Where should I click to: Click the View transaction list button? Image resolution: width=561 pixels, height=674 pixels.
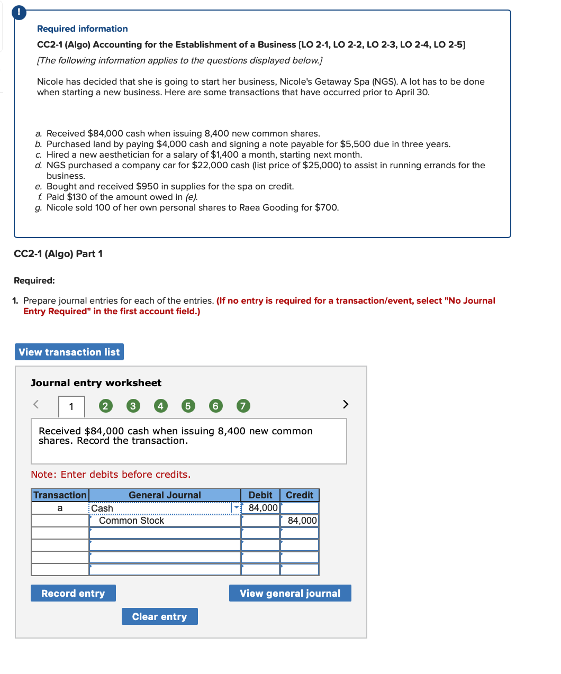[69, 352]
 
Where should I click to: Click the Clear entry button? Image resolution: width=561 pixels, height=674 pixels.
[159, 617]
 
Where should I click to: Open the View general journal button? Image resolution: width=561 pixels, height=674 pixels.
[290, 594]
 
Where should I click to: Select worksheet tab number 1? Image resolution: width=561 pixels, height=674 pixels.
[71, 407]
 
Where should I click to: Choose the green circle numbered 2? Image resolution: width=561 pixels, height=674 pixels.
[105, 406]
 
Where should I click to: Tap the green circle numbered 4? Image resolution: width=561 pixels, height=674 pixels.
[160, 406]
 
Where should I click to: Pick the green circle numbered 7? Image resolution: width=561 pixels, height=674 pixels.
[243, 406]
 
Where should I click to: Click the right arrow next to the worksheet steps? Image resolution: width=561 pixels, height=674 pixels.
[346, 405]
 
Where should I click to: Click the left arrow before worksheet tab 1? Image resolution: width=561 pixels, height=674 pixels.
[36, 405]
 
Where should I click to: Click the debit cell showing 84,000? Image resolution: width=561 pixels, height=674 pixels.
[261, 508]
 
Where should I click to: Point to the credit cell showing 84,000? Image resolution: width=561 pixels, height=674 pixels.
[300, 521]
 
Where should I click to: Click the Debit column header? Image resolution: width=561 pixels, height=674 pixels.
[260, 495]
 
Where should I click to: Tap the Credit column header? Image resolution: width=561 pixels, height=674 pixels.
[300, 495]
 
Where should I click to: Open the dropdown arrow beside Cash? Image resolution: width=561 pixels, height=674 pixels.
[237, 508]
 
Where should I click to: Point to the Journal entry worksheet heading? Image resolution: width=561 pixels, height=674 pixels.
[96, 383]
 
